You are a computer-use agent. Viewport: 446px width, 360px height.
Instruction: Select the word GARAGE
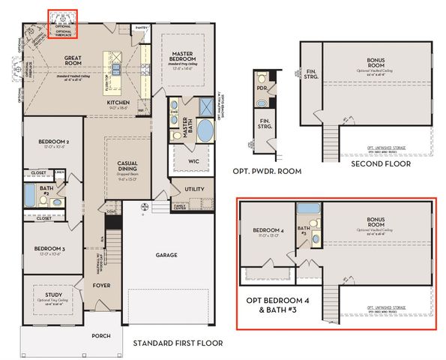pos(166,254)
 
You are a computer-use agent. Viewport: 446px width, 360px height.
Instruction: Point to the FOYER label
pos(101,285)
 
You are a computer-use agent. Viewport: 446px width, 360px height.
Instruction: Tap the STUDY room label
pos(49,289)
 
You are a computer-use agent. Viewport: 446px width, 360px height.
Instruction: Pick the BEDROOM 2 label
pos(54,142)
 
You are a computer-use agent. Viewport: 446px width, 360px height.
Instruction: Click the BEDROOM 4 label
pos(268,229)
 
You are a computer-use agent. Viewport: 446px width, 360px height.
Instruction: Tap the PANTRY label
pos(139,26)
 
